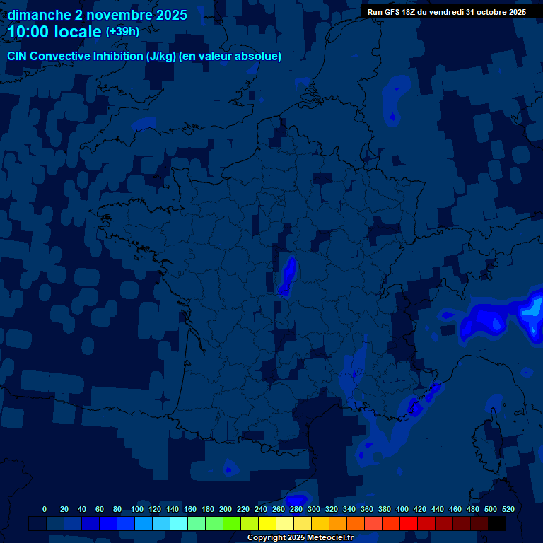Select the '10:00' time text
click(x=29, y=32)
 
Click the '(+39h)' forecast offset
click(x=122, y=32)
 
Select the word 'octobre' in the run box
click(x=482, y=12)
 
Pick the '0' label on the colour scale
click(x=45, y=509)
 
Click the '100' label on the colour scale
click(x=136, y=509)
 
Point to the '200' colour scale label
click(x=226, y=509)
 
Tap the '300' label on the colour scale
click(x=314, y=509)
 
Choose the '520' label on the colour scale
click(x=508, y=509)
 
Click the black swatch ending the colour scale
click(x=497, y=523)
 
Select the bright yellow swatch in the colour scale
click(x=267, y=523)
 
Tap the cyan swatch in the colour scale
click(x=179, y=523)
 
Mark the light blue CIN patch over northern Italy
click(x=532, y=310)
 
